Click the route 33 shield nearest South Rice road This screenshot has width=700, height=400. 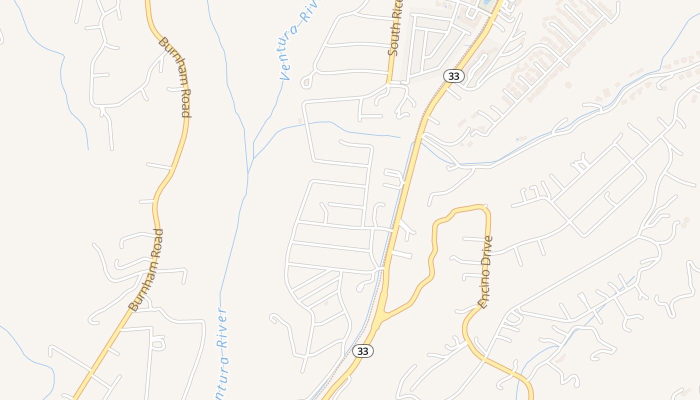tap(453, 76)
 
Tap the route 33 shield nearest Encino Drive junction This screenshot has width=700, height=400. tap(362, 351)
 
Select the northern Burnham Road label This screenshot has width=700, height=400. tap(174, 76)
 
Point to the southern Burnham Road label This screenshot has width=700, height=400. tap(146, 270)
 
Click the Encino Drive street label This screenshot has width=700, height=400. tap(485, 271)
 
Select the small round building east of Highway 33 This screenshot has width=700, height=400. tap(568, 85)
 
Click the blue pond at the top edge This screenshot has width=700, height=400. tap(484, 3)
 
